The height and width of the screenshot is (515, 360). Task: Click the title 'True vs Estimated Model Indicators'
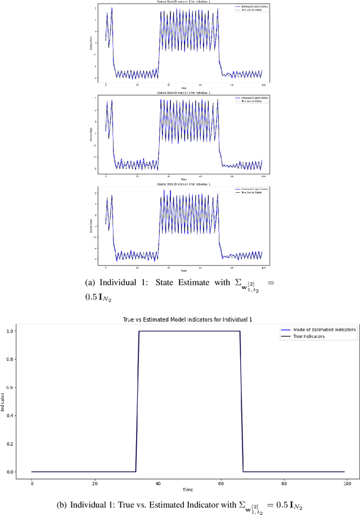click(x=188, y=319)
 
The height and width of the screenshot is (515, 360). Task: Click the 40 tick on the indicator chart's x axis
click(x=157, y=482)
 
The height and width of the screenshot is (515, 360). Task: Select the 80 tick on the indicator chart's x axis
click(x=283, y=482)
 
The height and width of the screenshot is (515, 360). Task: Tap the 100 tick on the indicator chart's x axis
click(x=346, y=482)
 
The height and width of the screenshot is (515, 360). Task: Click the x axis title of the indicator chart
click(x=188, y=490)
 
